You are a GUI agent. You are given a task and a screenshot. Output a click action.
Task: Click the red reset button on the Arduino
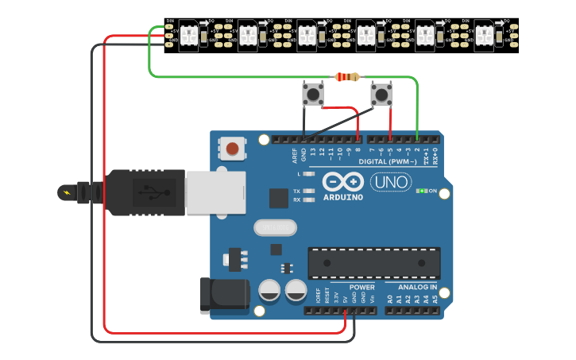click(x=233, y=148)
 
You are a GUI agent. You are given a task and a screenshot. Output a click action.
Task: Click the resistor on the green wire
click(x=347, y=77)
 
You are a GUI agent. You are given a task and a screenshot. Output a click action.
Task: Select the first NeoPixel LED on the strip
click(x=189, y=36)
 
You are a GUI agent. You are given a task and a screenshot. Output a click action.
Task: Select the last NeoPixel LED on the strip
click(x=485, y=36)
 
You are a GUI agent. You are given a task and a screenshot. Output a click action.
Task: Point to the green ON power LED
click(x=423, y=191)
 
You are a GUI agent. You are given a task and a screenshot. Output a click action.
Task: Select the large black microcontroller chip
click(x=373, y=263)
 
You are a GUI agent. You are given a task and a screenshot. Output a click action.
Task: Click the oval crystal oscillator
click(x=275, y=228)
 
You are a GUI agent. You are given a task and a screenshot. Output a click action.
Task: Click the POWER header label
click(x=362, y=287)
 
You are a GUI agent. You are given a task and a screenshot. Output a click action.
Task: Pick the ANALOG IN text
click(x=412, y=287)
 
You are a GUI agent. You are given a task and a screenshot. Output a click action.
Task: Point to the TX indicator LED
click(x=307, y=192)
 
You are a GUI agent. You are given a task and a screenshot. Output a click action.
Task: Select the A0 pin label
click(x=389, y=299)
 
